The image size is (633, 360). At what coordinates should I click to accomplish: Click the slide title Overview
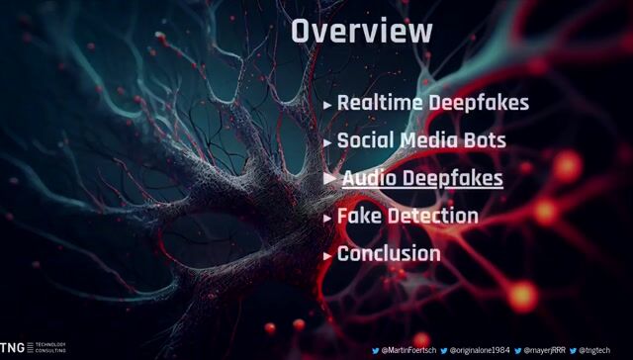362,31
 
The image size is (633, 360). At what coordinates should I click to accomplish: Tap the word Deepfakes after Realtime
481,102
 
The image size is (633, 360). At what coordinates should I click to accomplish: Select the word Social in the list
365,139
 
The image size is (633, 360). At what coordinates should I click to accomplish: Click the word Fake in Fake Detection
359,216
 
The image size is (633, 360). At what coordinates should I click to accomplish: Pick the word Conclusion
389,253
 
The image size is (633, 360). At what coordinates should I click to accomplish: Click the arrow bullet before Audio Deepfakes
330,178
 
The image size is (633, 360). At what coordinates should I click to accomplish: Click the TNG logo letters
12,348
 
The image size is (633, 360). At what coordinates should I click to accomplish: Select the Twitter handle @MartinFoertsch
408,350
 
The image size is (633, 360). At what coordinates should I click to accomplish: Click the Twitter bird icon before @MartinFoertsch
376,350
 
